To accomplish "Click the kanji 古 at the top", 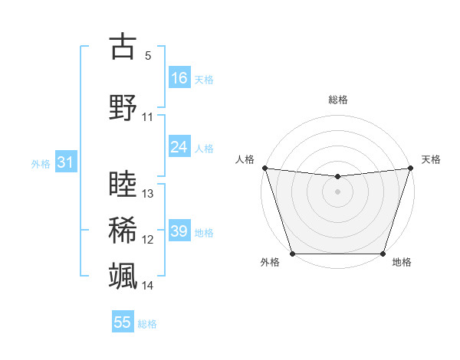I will pos(123,47).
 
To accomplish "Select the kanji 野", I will pos(123,107).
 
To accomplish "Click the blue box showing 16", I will pos(179,77).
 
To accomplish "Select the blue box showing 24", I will pos(179,146).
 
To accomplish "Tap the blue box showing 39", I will pos(179,231).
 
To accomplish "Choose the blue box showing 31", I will pos(65,162).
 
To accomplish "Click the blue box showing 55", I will pos(123,322).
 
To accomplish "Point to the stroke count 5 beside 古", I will pos(148,56).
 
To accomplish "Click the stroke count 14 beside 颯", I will pos(148,286).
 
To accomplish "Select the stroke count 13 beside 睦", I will pos(148,194).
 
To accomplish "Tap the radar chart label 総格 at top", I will pos(338,100).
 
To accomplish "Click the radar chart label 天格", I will pos(432,159).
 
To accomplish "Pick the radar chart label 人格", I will pos(245,159).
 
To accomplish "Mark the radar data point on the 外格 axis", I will pos(292,254).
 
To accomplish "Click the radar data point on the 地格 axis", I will pos(383,254).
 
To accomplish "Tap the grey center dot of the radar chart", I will pos(337,191).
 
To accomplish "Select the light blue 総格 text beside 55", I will pos(147,324).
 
